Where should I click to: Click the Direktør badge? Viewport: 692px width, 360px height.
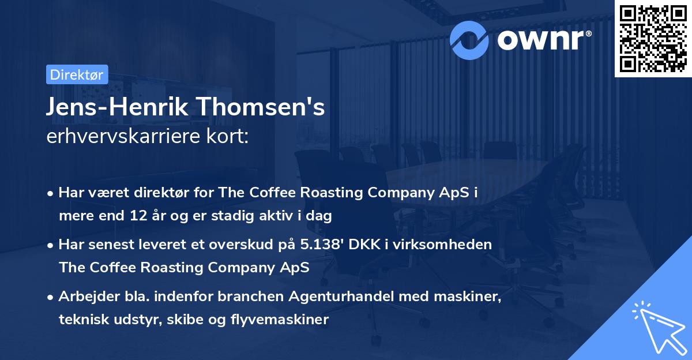76,74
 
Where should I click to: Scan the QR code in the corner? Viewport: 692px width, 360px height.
652,39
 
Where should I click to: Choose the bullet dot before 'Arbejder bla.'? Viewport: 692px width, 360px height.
51,298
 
